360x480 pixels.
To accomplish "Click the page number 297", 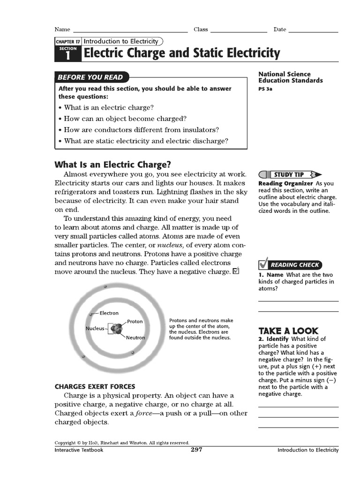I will pos(196,450).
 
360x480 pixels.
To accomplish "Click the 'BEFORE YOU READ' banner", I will pos(90,77).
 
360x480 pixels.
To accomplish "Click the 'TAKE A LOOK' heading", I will pos(288,330).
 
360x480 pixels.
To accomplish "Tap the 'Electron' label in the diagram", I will pos(109,313).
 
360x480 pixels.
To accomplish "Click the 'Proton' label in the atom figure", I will pos(135,322).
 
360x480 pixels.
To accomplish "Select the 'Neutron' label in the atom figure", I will pos(135,337).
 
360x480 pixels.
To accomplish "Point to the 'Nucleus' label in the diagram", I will pos(95,329).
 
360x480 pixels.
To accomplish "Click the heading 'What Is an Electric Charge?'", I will pos(113,165).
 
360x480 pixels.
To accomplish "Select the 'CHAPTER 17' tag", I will pos(68,42).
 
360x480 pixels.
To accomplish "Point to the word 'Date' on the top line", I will pos(280,30).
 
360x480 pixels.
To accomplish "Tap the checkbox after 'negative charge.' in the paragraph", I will pos(236,271).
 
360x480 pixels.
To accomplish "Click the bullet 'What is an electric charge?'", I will pos(109,107).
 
